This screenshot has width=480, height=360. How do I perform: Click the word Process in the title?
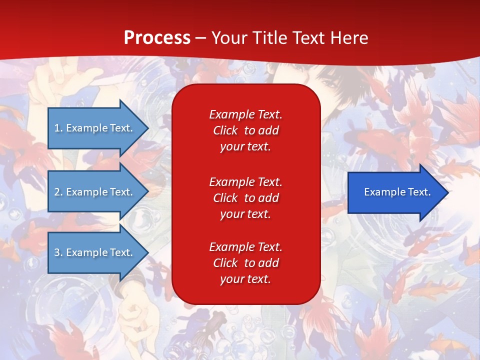tap(157, 37)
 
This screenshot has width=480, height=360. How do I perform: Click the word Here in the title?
tap(349, 37)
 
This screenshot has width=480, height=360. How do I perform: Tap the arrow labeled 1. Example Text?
tap(98, 128)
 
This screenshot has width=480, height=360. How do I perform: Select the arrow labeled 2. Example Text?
tap(98, 191)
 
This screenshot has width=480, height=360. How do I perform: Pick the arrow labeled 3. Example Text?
tap(98, 252)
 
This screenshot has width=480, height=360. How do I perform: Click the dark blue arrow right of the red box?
tap(398, 192)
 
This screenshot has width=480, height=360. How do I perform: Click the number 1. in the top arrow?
tap(58, 128)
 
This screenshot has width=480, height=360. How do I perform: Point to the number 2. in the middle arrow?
tap(58, 192)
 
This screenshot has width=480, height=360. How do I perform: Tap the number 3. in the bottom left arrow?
tap(58, 252)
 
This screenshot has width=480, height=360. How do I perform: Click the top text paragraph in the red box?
tap(246, 130)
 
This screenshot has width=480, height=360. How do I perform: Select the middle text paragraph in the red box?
tap(246, 198)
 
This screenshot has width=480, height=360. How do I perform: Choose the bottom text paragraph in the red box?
tap(246, 262)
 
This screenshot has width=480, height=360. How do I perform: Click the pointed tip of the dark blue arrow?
tap(449, 192)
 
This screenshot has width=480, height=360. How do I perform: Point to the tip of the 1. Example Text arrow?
tap(149, 128)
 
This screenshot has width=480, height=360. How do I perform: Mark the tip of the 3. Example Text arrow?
tap(149, 252)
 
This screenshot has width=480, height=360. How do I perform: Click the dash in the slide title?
tap(200, 39)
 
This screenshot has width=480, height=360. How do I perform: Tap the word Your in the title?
tap(229, 37)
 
